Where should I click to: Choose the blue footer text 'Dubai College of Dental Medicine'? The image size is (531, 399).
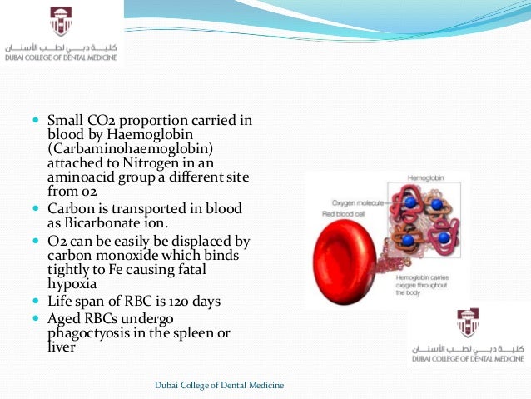click(220, 384)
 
